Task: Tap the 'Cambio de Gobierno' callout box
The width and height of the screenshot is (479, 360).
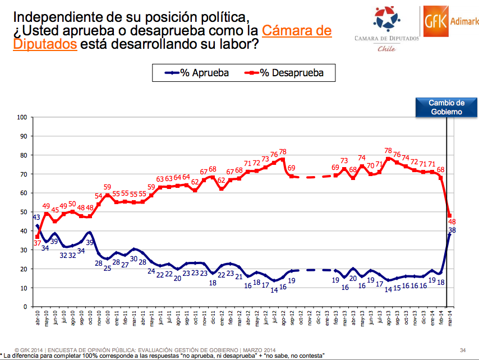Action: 446,107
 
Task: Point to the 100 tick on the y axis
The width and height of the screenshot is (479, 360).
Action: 22,117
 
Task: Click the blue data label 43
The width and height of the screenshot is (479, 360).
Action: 36,218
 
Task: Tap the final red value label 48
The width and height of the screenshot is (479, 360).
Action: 452,223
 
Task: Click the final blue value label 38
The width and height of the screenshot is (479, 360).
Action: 452,230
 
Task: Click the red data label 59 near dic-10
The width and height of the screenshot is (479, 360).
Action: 108,187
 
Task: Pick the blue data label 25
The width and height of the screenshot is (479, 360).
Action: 108,269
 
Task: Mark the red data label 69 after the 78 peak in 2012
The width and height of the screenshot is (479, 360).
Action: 292,168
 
